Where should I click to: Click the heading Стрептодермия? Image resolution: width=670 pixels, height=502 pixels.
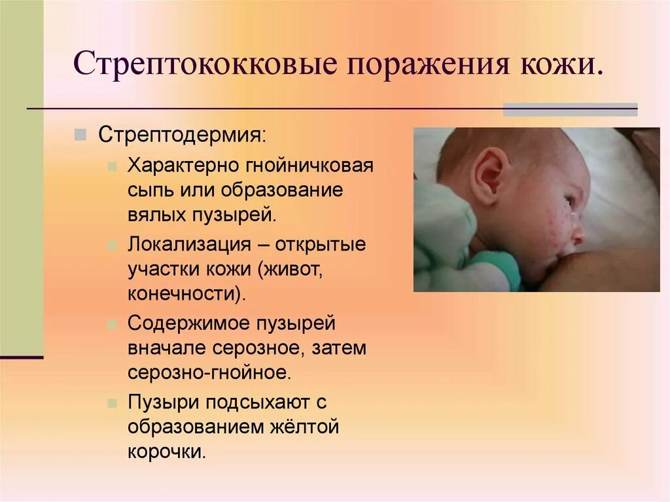click(x=182, y=136)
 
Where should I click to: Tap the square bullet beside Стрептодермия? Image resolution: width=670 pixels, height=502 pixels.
click(x=80, y=135)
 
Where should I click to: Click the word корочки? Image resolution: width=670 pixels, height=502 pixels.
click(x=167, y=451)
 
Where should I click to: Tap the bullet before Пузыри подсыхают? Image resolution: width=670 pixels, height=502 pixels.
click(x=113, y=402)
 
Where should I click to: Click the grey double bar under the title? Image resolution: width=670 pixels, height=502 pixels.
click(x=569, y=109)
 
